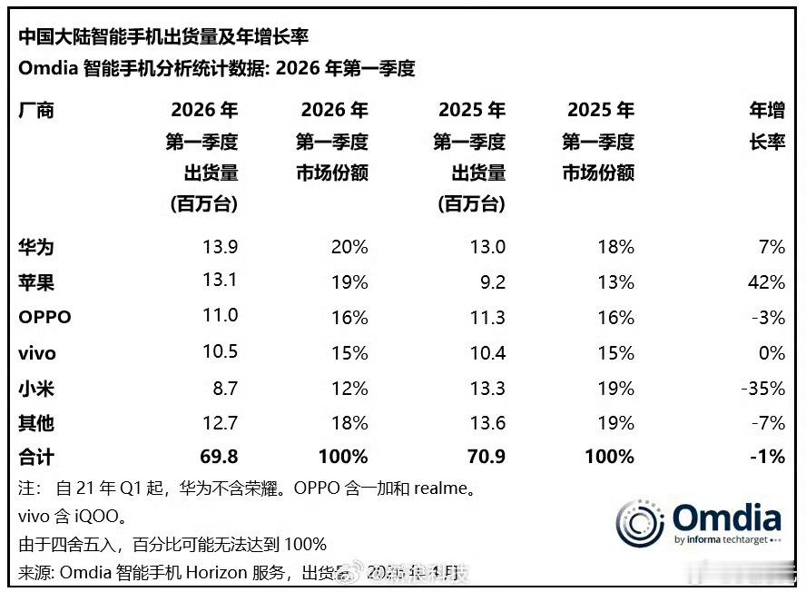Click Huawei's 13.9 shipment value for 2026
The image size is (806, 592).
221,247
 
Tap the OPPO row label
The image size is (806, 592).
44,318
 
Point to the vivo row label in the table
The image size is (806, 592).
39,353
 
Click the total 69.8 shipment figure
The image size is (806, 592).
219,457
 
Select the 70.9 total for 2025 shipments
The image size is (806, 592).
486,457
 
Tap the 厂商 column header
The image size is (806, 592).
36,111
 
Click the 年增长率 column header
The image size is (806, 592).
766,126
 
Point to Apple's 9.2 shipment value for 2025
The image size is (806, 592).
492,282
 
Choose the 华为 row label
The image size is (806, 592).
36,247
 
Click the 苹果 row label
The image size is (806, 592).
36,282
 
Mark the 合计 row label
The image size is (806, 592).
36,457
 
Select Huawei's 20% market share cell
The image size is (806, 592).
350,247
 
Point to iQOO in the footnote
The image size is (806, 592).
89,517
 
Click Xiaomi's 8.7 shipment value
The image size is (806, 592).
223,389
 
